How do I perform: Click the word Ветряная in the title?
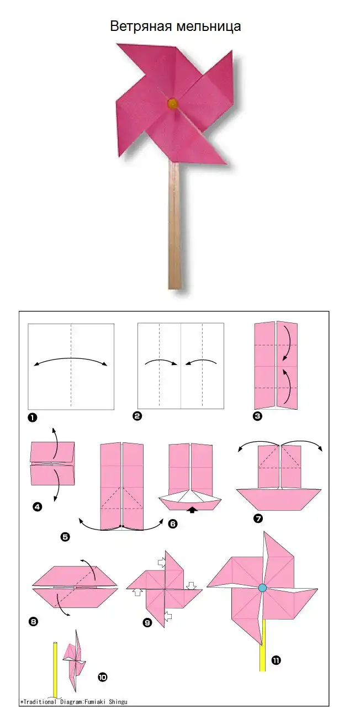[x=141, y=27]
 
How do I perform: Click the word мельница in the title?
[x=208, y=27]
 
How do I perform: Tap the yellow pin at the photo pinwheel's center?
[x=172, y=103]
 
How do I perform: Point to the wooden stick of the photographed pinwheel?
[x=174, y=225]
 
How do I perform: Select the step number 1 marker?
[x=33, y=417]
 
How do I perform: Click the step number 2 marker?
[x=137, y=416]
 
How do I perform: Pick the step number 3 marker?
[x=257, y=416]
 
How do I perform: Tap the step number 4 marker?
[x=38, y=506]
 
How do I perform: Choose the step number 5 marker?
[x=65, y=537]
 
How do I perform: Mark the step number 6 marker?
[x=173, y=523]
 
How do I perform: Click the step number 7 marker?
[x=258, y=519]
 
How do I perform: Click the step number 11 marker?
[x=276, y=660]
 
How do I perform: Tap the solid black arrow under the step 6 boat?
[x=193, y=510]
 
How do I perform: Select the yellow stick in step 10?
[x=55, y=669]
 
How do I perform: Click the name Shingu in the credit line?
[x=118, y=701]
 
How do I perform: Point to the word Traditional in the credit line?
[x=40, y=701]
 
